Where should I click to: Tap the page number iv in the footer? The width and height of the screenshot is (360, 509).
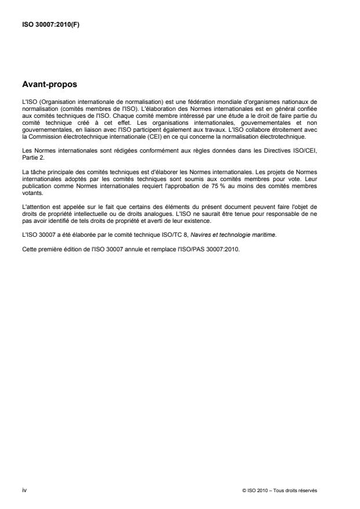pyautogui.click(x=24, y=490)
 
